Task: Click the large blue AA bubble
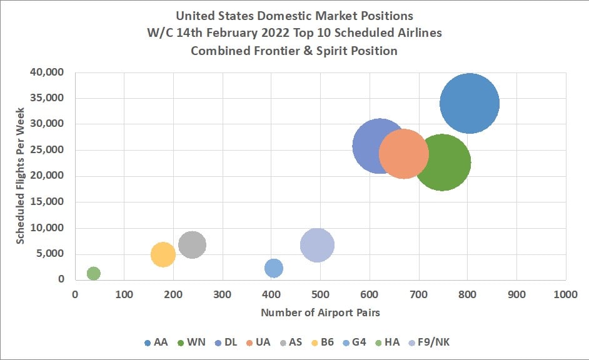click(469, 104)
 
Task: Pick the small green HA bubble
click(93, 273)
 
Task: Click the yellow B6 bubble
click(163, 254)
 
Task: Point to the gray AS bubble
click(192, 244)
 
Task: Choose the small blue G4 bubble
click(273, 268)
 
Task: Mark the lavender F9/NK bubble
click(317, 245)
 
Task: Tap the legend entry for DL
click(227, 342)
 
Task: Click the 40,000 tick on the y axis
click(48, 72)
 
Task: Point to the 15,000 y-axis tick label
click(48, 202)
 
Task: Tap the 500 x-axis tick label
click(320, 294)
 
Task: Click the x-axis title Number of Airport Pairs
click(320, 311)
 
